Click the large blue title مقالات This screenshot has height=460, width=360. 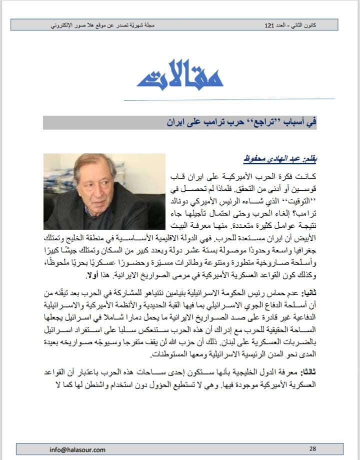pyautogui.click(x=179, y=75)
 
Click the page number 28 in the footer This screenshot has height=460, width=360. pyautogui.click(x=312, y=449)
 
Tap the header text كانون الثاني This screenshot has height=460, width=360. pyautogui.click(x=312, y=24)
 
